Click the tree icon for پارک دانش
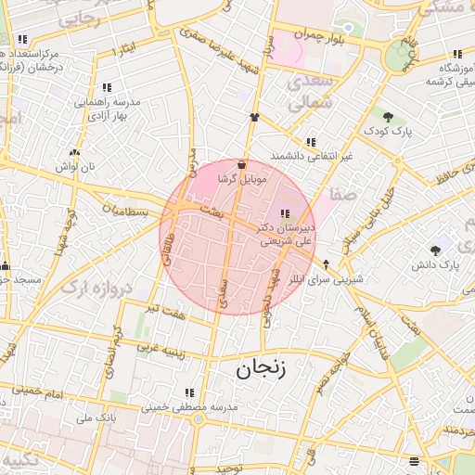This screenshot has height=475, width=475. click(435, 250)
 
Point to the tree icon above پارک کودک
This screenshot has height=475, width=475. click(388, 117)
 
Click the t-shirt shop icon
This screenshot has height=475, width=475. click(254, 118)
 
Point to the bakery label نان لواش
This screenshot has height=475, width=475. click(75, 165)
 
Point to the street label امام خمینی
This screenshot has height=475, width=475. click(71, 394)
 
